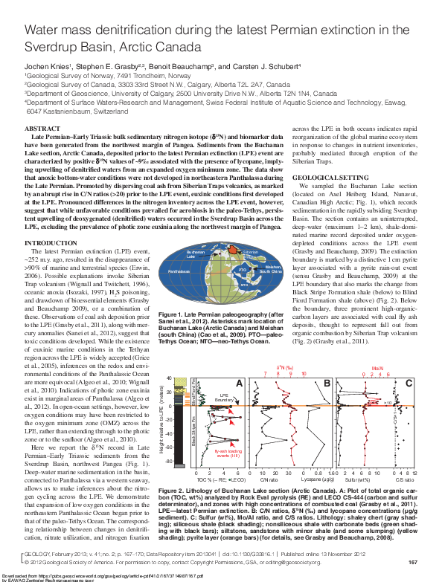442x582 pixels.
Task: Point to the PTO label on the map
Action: [243, 268]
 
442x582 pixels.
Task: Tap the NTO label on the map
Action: [244, 283]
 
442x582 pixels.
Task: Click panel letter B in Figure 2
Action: [327, 383]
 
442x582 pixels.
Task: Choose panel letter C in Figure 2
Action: [409, 383]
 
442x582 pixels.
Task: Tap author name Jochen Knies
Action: [47, 65]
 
